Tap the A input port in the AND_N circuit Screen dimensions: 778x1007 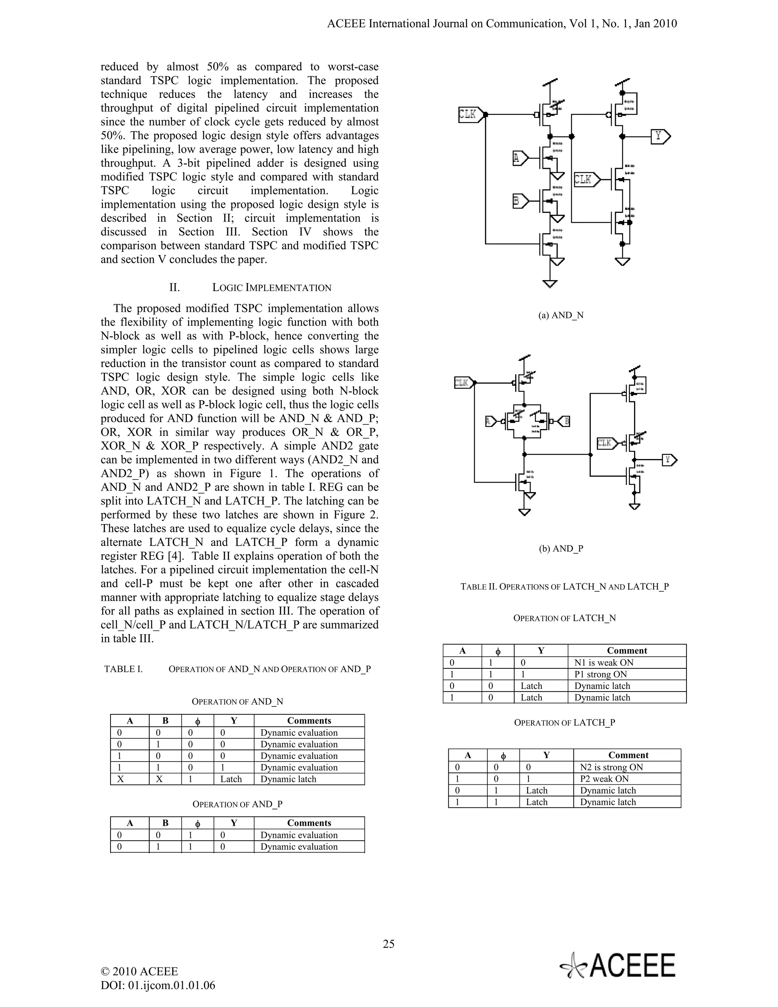tap(518, 158)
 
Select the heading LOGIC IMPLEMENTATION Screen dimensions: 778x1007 tap(272, 288)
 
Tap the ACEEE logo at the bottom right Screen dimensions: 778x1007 tap(618, 965)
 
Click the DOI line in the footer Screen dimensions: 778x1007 tap(158, 985)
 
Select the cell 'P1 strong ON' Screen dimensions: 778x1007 tap(601, 674)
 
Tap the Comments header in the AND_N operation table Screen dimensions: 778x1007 tap(309, 720)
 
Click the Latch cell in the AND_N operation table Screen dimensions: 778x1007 tap(231, 779)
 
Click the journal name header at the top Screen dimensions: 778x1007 tap(502, 24)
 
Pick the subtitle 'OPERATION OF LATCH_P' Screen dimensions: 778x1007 tap(565, 722)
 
